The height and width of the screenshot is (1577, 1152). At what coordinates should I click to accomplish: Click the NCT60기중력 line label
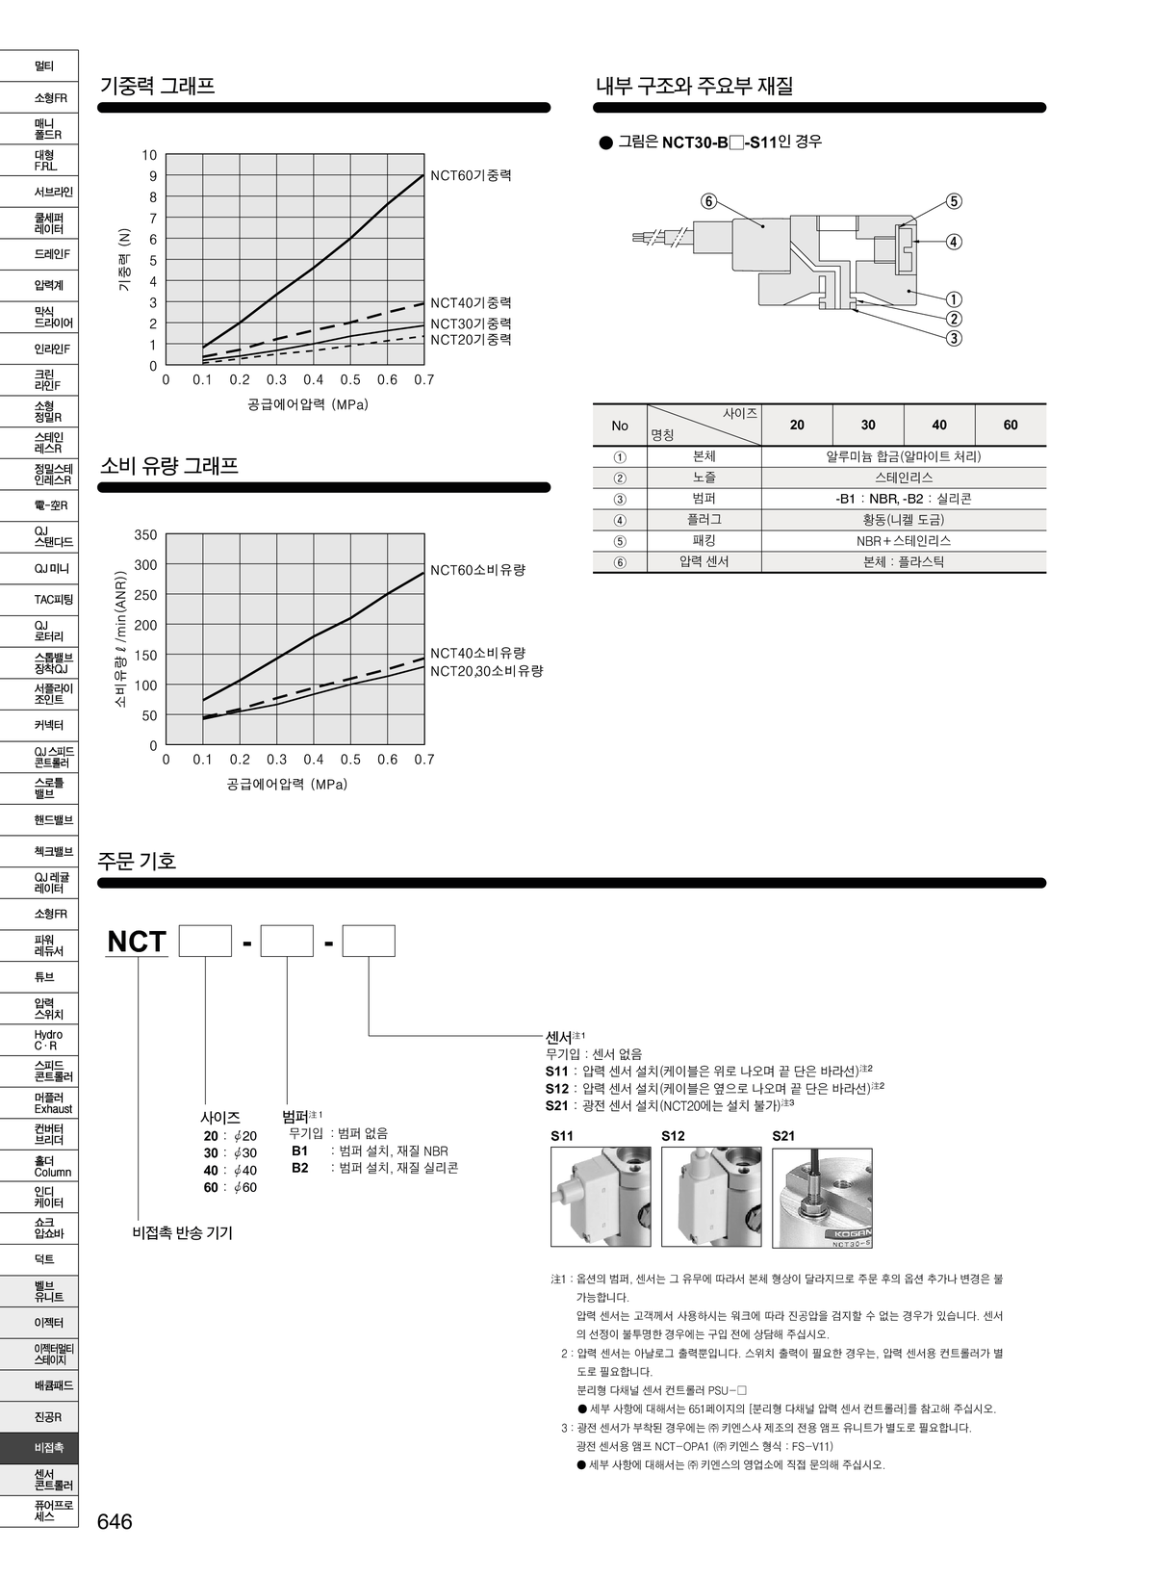pyautogui.click(x=471, y=175)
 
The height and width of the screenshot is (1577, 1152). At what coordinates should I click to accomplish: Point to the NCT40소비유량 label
pyautogui.click(x=477, y=654)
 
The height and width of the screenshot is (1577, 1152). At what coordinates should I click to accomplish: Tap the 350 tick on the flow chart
pyautogui.click(x=145, y=535)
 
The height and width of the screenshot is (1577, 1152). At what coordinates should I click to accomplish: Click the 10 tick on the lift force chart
pyautogui.click(x=149, y=155)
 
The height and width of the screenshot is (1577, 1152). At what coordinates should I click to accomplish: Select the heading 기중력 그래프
pyautogui.click(x=158, y=86)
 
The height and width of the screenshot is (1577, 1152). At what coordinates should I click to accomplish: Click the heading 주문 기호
pyautogui.click(x=137, y=861)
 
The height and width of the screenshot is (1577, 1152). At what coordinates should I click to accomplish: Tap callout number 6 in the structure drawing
pyautogui.click(x=708, y=202)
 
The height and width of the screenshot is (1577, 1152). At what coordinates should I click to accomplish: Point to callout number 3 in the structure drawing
pyautogui.click(x=954, y=339)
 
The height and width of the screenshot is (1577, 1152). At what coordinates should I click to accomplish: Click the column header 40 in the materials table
pyautogui.click(x=938, y=425)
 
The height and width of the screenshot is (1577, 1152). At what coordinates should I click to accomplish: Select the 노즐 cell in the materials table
pyautogui.click(x=704, y=478)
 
